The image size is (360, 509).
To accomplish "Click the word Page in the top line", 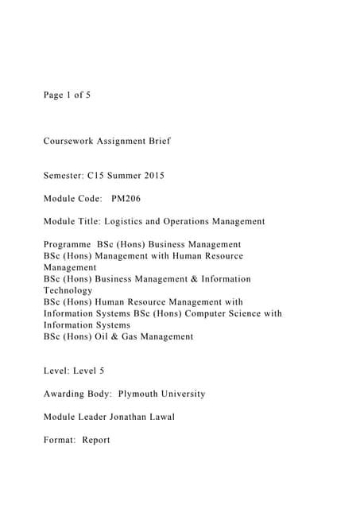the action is [53, 95].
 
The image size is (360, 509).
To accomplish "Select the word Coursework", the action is [68, 141].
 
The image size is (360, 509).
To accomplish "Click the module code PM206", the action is [127, 198].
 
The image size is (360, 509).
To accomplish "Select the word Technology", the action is [68, 291].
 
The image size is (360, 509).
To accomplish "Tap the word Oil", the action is [98, 336].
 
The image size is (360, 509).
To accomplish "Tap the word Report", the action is [97, 440].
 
